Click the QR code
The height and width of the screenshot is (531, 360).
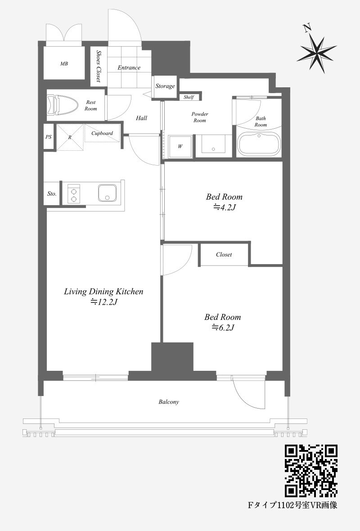pyautogui.click(x=311, y=471)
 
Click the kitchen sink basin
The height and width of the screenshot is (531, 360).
pyautogui.click(x=108, y=193)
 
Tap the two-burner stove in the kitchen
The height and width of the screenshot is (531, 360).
pyautogui.click(x=74, y=194)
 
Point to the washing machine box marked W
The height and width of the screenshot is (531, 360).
pyautogui.click(x=180, y=147)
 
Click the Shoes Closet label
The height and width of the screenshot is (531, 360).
pyautogui.click(x=99, y=67)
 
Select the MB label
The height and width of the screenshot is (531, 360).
pyautogui.click(x=64, y=63)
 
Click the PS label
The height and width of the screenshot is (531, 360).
pyautogui.click(x=49, y=137)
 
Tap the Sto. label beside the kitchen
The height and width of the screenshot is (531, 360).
pyautogui.click(x=52, y=193)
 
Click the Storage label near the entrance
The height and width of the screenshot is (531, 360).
pyautogui.click(x=165, y=86)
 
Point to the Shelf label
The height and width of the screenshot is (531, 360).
pyautogui.click(x=189, y=97)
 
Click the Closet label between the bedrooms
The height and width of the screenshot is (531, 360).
pyautogui.click(x=224, y=254)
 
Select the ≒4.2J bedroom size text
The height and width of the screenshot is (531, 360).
pyautogui.click(x=224, y=207)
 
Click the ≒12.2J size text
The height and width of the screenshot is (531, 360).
pyautogui.click(x=104, y=302)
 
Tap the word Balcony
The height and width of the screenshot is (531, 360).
pyautogui.click(x=169, y=402)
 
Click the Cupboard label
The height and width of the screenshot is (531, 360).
pyautogui.click(x=102, y=134)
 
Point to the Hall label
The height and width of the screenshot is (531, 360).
pyautogui.click(x=142, y=118)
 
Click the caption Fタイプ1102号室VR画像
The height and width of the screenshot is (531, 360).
pyautogui.click(x=292, y=505)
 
